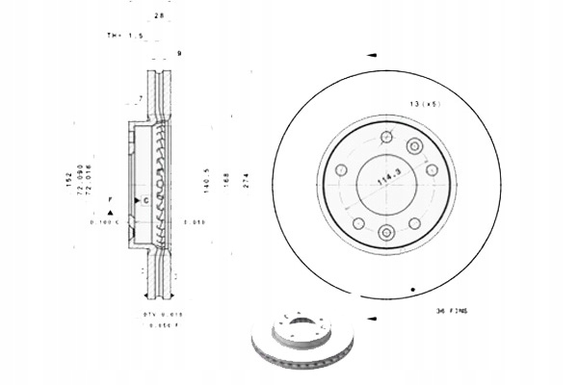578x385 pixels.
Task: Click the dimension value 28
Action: click(159, 16)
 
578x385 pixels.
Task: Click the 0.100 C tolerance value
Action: click(103, 222)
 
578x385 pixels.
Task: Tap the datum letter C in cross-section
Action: click(144, 200)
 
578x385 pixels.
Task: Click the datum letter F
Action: click(111, 200)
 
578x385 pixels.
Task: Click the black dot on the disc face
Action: click(412, 289)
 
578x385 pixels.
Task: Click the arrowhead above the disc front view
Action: click(371, 57)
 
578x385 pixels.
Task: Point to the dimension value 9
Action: click(179, 52)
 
